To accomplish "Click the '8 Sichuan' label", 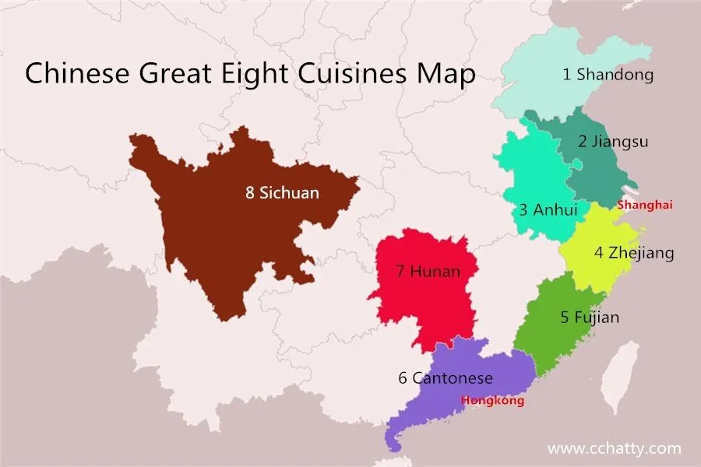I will click(282, 192).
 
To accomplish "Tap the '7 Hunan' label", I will click(427, 272).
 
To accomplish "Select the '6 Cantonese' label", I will click(445, 378).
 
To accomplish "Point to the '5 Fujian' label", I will click(590, 317).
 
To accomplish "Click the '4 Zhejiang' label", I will click(634, 253).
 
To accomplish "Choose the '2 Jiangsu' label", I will click(613, 142).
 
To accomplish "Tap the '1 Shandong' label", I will click(608, 75).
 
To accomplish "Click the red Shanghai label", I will click(644, 205).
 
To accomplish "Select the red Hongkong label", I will click(492, 401).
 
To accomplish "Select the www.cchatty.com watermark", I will click(614, 448).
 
